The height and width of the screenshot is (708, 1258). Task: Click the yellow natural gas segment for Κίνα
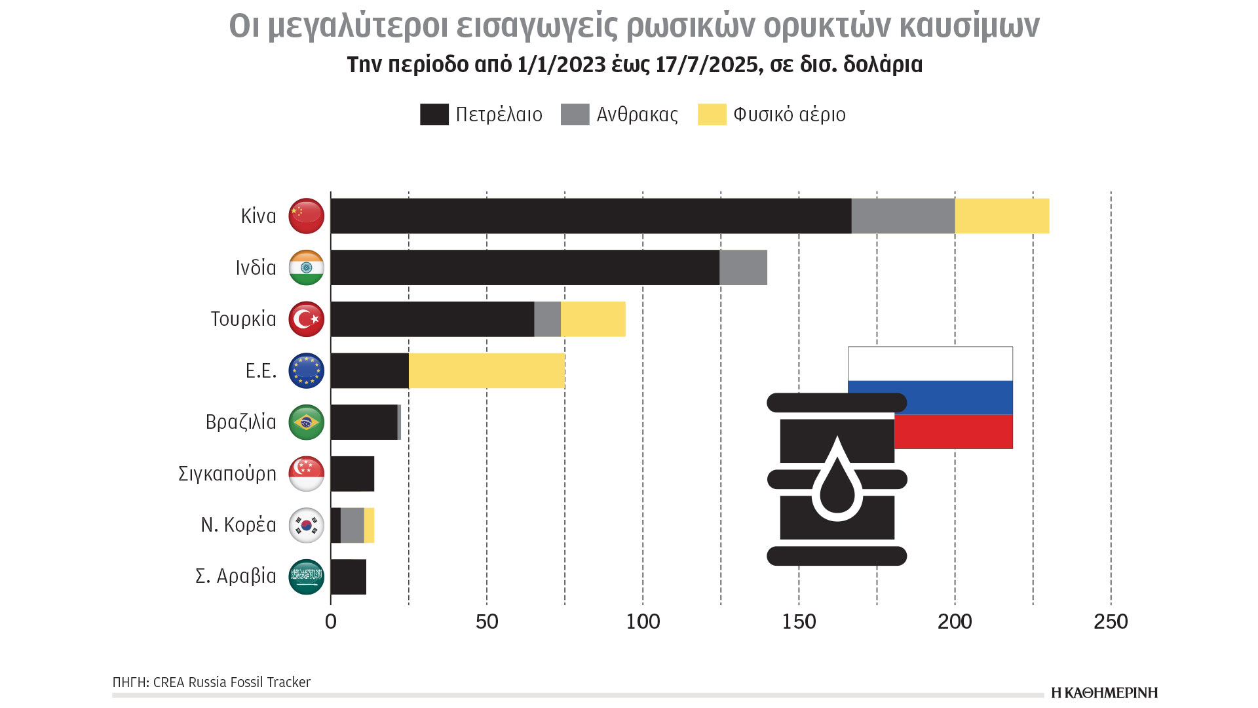[1002, 216]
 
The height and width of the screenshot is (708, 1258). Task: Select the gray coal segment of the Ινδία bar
[743, 267]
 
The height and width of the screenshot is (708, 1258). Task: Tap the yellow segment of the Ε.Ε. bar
[486, 370]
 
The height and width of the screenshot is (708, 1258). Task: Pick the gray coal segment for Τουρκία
[547, 319]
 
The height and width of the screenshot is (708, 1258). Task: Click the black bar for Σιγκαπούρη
[353, 473]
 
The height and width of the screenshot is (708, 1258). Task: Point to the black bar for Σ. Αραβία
[349, 577]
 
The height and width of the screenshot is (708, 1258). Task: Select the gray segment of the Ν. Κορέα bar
[353, 525]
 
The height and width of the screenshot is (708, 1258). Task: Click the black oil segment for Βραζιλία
[364, 422]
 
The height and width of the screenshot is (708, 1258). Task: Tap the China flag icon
[307, 216]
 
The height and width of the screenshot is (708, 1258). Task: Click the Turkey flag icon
[307, 319]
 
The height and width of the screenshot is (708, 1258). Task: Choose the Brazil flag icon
[307, 422]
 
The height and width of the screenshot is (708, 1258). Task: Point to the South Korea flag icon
[307, 525]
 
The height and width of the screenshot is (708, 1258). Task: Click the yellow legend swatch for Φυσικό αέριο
[712, 114]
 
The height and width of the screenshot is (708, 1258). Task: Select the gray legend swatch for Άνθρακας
[575, 114]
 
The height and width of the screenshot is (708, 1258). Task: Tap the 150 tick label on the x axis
[799, 621]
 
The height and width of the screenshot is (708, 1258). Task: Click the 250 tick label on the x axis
[1111, 621]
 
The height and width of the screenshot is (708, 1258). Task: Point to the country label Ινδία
[256, 267]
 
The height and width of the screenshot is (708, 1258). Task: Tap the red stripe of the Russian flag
[953, 431]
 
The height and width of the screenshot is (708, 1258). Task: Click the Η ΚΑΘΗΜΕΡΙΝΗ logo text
[1105, 693]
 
